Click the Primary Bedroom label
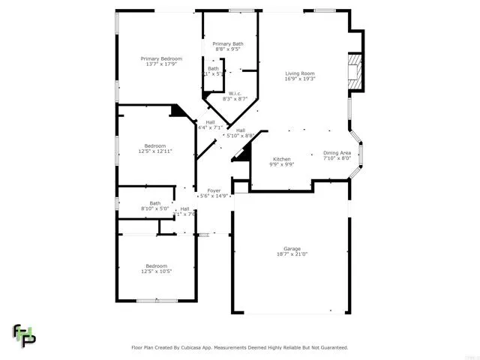(161, 58)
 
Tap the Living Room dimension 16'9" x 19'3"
(299, 79)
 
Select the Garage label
(292, 248)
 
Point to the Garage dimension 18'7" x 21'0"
(292, 254)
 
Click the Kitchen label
(281, 159)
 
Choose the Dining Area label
(337, 152)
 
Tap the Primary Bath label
(227, 43)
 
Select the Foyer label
(214, 190)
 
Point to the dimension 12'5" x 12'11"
(155, 151)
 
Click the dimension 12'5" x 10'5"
(156, 271)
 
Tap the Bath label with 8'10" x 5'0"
(155, 202)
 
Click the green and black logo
(23, 335)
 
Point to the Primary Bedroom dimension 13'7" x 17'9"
(161, 64)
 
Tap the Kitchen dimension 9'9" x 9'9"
(281, 165)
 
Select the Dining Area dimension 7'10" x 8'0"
(337, 158)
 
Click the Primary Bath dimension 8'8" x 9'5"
(227, 49)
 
